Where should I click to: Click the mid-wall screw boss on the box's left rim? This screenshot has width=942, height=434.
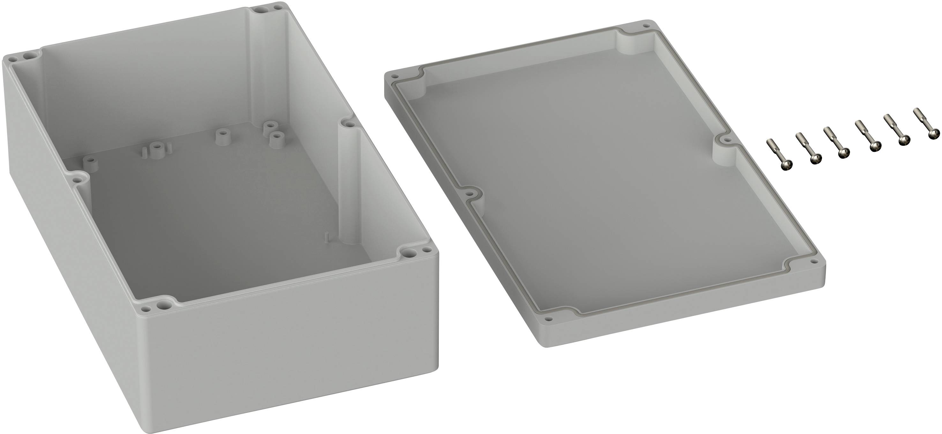77,180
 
